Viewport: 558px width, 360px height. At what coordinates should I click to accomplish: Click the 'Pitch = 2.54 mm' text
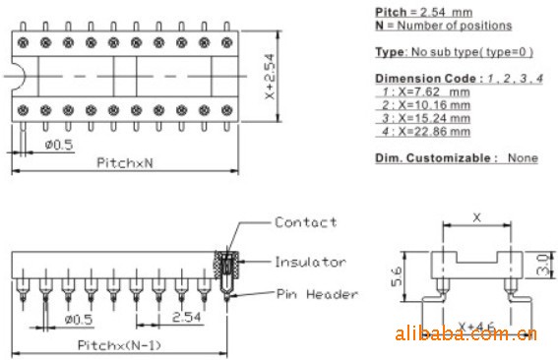(x=424, y=12)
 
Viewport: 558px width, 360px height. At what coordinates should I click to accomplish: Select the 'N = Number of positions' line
(x=444, y=26)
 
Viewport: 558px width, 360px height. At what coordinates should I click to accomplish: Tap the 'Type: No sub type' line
(x=455, y=52)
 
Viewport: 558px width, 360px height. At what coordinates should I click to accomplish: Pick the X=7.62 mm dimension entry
(x=425, y=91)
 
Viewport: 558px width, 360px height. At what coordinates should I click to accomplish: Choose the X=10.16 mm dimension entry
(x=425, y=105)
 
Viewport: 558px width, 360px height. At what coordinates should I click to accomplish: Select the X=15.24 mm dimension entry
(x=425, y=118)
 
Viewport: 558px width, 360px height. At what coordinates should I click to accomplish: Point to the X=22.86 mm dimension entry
(x=425, y=131)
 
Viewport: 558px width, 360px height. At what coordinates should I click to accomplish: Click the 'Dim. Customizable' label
(x=436, y=158)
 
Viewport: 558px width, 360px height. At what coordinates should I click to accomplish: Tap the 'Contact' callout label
(x=306, y=222)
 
